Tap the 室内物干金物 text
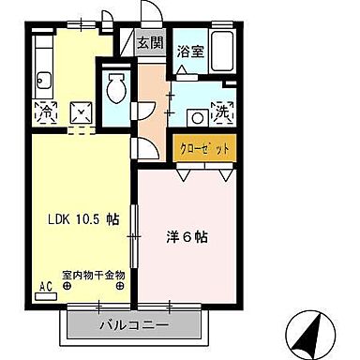pos(94,276)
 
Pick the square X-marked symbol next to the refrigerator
pos(82,113)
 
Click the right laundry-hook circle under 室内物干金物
pos(120,287)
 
